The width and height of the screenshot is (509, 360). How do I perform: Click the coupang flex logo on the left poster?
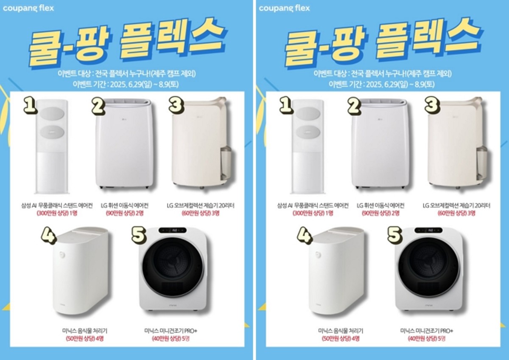(28, 8)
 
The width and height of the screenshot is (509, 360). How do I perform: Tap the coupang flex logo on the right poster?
(284, 8)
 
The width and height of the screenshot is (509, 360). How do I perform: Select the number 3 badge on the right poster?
(432, 105)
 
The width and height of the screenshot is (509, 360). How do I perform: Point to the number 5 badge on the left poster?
(139, 235)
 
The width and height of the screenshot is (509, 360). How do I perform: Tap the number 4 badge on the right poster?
(305, 236)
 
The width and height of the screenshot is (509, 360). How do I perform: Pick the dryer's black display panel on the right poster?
(428, 231)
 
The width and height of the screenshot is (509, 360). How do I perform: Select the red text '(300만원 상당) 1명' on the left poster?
(57, 213)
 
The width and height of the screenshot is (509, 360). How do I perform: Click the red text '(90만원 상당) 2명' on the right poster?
(380, 213)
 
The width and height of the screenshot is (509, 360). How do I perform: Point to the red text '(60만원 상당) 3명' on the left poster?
(200, 213)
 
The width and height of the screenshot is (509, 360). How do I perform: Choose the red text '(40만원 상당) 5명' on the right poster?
(427, 338)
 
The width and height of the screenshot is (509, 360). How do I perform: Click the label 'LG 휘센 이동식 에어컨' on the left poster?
(125, 206)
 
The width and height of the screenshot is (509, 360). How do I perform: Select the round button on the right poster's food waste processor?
(317, 255)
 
